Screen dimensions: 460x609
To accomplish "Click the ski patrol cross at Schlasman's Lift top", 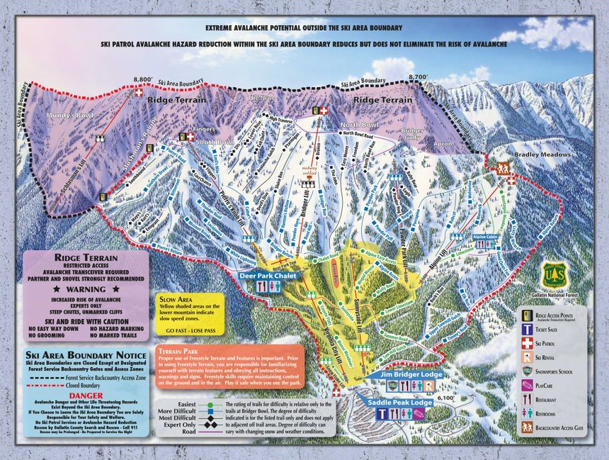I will (139, 93).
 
